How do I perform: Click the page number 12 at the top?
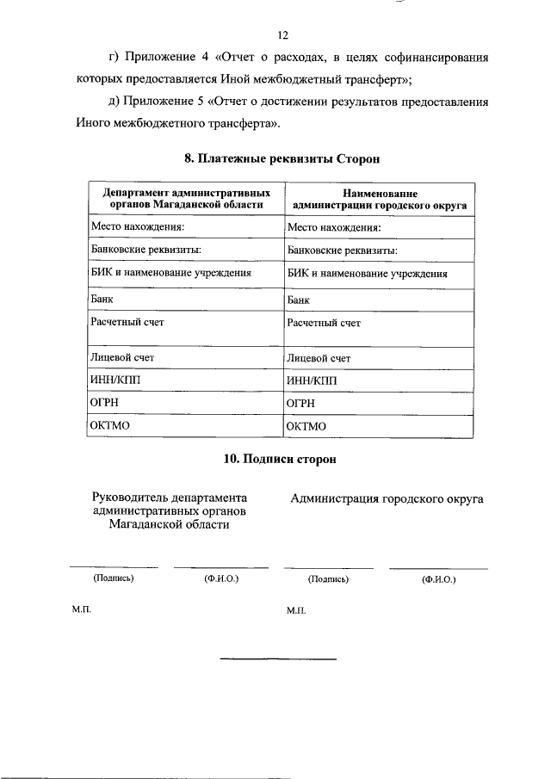coord(282,35)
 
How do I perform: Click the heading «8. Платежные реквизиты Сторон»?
coord(282,159)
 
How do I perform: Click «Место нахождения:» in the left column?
coord(138,227)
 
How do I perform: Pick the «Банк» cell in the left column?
coord(102,299)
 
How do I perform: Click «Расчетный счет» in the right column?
coord(324,323)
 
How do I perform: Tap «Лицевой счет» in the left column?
coord(122,356)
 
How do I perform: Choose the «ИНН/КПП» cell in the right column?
coord(312,380)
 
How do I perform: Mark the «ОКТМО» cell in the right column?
coord(307,426)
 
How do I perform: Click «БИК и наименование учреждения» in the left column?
coord(170,273)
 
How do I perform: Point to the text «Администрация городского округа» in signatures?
coord(387,498)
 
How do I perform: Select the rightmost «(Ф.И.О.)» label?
coord(438,579)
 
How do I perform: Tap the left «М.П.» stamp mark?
coord(81,608)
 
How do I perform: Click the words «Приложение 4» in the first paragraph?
coord(160,59)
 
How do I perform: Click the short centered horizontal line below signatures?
coord(278,659)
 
